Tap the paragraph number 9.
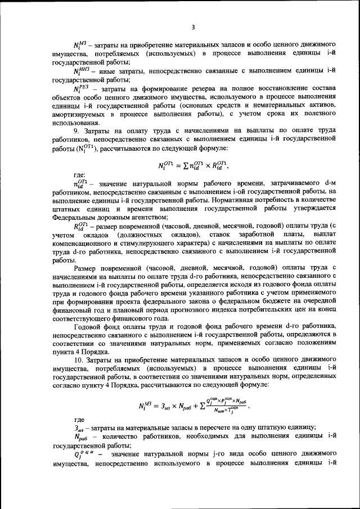pos(78,130)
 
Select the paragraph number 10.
pos(79,359)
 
